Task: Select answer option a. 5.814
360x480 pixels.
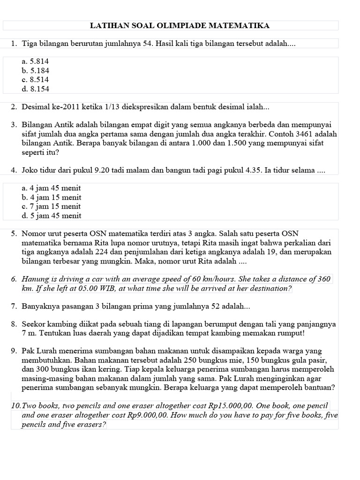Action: [35, 61]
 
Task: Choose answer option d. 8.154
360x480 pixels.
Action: [35, 89]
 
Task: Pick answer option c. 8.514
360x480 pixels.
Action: [35, 80]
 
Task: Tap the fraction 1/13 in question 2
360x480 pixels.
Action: [113, 107]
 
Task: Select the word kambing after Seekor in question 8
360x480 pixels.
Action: [61, 324]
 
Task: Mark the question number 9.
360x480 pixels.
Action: [14, 351]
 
